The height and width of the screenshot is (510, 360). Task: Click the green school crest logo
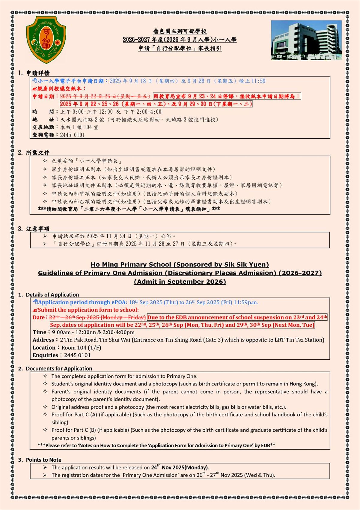[x=46, y=40]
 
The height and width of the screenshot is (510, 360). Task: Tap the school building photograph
[x=306, y=40]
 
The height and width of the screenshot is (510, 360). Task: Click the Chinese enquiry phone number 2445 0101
[x=73, y=135]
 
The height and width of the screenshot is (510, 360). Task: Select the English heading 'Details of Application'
[x=52, y=295]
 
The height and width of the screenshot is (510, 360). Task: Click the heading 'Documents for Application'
[x=59, y=368]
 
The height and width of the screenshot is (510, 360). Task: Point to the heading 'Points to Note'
[x=43, y=460]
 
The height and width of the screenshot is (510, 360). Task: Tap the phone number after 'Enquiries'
[x=77, y=355]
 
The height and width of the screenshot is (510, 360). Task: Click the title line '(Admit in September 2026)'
[x=180, y=281]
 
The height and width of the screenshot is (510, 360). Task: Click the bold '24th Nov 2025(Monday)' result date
[x=180, y=467]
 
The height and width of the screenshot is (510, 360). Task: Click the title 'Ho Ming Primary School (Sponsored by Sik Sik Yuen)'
[x=180, y=264]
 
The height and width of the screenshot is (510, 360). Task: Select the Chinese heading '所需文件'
[x=38, y=153]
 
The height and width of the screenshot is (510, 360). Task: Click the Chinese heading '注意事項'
[x=38, y=229]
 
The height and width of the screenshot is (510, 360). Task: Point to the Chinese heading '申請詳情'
[x=38, y=73]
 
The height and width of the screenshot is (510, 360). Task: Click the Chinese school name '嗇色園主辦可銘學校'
[x=180, y=31]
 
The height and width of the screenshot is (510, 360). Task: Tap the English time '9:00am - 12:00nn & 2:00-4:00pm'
[x=93, y=332]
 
